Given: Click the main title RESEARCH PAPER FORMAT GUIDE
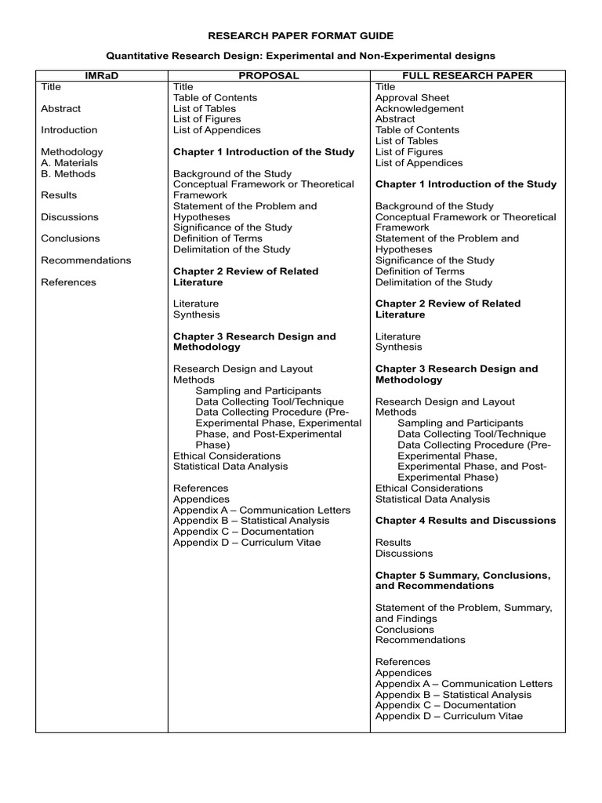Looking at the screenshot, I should click(x=301, y=36).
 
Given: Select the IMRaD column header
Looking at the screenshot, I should click(x=100, y=75).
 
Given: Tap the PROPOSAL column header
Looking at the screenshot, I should click(x=268, y=75).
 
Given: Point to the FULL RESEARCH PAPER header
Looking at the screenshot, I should click(x=466, y=75).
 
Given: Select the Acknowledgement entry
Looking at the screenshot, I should click(x=419, y=109).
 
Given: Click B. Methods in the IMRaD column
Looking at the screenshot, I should click(x=68, y=174).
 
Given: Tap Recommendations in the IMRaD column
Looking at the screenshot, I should click(x=86, y=260).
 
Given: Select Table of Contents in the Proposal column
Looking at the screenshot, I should click(x=215, y=98).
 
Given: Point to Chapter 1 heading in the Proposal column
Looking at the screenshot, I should click(x=263, y=152).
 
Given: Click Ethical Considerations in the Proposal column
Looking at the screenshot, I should click(x=227, y=456).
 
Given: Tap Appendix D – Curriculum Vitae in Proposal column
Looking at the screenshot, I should click(x=246, y=543).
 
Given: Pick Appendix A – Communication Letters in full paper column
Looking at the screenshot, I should click(x=463, y=684).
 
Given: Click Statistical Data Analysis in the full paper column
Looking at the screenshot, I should click(x=433, y=499).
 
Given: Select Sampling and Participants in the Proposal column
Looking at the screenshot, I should click(x=258, y=391).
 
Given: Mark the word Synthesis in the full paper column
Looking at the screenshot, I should click(x=398, y=347).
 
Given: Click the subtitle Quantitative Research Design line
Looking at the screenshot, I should click(x=301, y=56).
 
